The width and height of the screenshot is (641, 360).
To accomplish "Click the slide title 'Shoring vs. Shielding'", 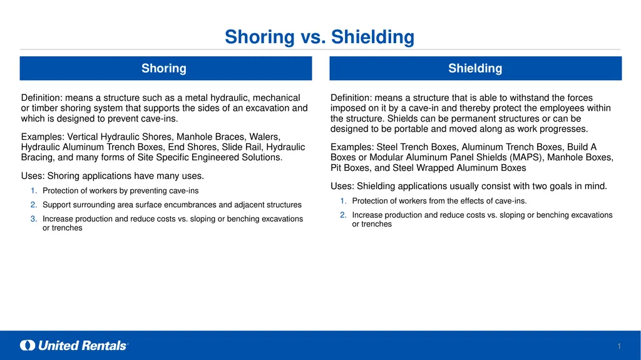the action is click(x=320, y=37).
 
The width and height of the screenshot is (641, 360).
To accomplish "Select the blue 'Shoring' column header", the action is click(x=165, y=68).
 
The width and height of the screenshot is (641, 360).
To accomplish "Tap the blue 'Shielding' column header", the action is click(x=476, y=68).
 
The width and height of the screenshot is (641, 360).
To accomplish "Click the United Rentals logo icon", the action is click(x=28, y=345).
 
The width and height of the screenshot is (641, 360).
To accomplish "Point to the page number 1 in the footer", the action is click(x=619, y=346).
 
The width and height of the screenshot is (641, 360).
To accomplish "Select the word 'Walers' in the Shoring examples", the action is click(x=265, y=136).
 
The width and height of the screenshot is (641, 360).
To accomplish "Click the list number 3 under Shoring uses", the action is click(x=34, y=219).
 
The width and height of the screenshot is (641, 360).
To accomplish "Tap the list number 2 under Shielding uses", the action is click(x=343, y=215).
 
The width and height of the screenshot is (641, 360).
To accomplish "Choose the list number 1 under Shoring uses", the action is click(x=34, y=190).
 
